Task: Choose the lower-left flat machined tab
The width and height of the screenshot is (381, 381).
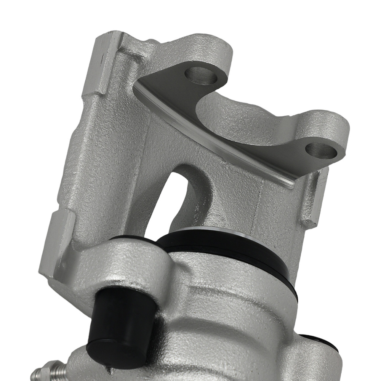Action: tap(57, 244)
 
